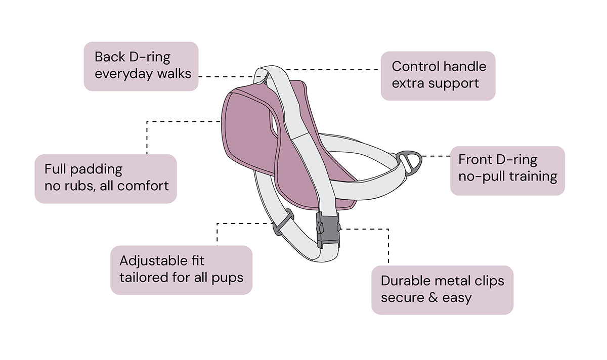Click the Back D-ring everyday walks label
coord(141,66)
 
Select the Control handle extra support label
coord(438,75)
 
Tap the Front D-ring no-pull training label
coord(507,170)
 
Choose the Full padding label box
coord(106,178)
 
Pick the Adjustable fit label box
coord(181,269)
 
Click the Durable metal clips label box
coord(442,289)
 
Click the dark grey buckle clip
coord(328,229)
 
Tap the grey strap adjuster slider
coord(283,223)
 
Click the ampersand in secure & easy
coord(432,297)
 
